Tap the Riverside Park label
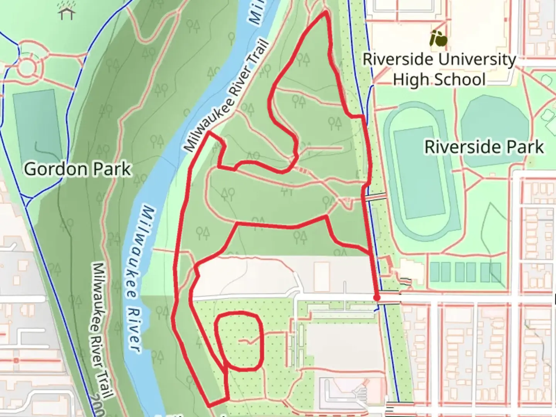(x=484, y=147)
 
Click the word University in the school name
(x=476, y=60)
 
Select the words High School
(x=439, y=80)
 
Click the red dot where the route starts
(x=377, y=297)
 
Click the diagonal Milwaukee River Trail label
(x=226, y=97)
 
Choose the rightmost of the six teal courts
(x=495, y=272)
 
